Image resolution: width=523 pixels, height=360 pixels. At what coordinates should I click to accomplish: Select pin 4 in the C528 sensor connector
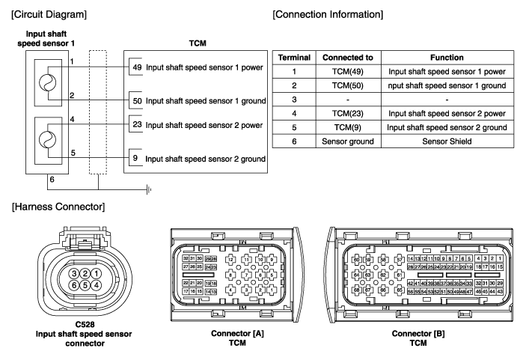click(x=97, y=284)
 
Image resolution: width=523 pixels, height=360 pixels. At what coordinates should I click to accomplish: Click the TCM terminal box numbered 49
click(x=135, y=66)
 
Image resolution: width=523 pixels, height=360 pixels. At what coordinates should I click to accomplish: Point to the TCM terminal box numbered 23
click(x=135, y=125)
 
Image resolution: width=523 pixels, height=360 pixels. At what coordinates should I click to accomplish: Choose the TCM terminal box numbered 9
click(x=135, y=158)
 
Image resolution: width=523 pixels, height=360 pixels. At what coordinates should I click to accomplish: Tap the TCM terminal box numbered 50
click(x=135, y=100)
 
